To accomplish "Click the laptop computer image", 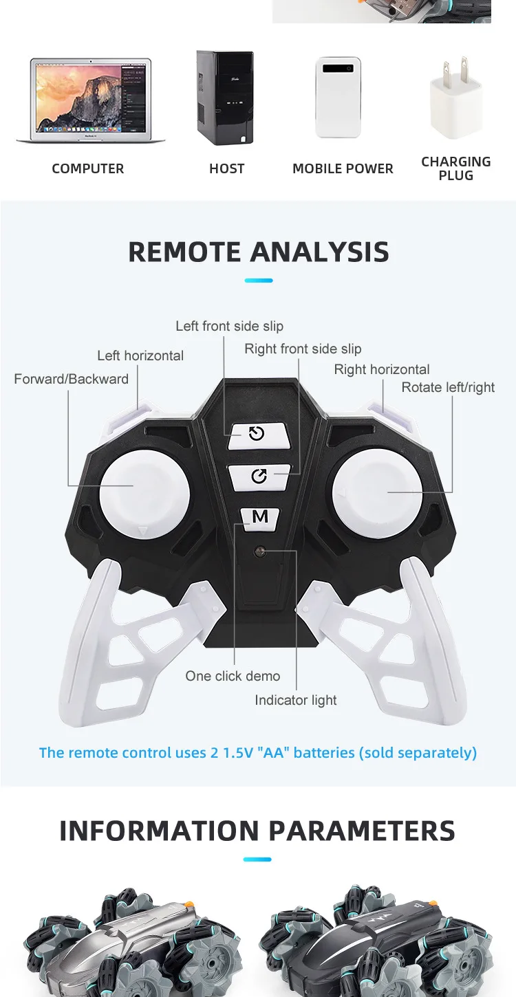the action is [90, 100].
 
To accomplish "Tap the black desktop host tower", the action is [224, 97].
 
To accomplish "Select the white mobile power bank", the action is [338, 97].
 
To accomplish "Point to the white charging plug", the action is [455, 100].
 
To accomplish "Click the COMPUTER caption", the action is [88, 169].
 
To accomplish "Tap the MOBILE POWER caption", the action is [343, 169].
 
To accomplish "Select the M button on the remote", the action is [260, 517].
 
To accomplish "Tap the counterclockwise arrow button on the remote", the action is [257, 434].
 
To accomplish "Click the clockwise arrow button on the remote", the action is [259, 476].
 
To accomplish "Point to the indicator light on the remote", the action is [260, 551].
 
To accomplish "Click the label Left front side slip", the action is [229, 327].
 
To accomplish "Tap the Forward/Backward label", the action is [71, 380].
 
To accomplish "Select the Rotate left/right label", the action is [448, 388].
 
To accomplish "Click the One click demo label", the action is [233, 677].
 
